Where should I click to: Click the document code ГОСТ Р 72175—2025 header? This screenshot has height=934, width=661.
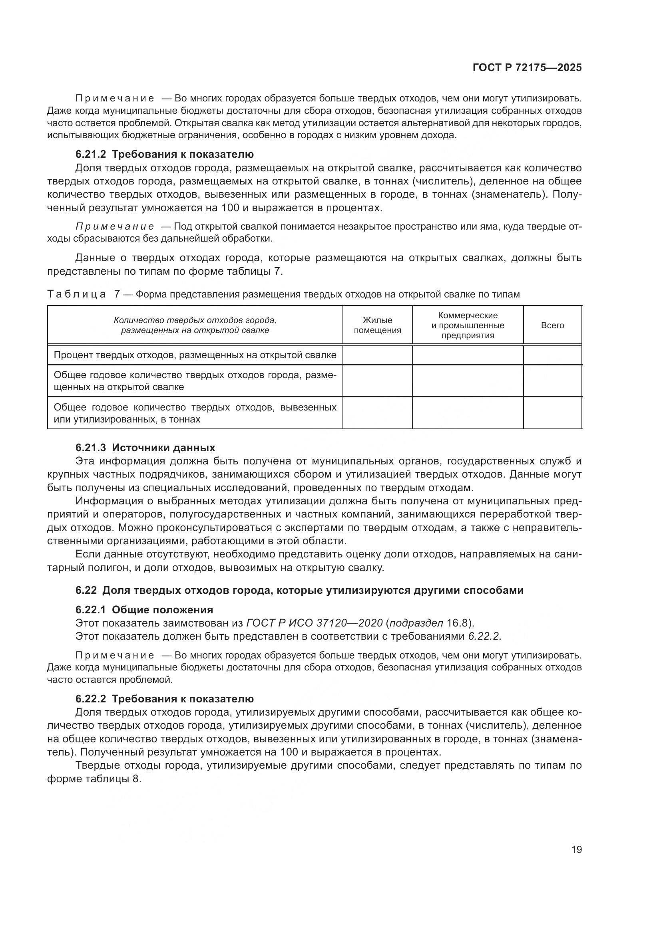pyautogui.click(x=527, y=68)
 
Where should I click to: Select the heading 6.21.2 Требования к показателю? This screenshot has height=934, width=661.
pyautogui.click(x=164, y=154)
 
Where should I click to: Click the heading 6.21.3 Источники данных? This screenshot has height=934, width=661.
pyautogui.click(x=145, y=448)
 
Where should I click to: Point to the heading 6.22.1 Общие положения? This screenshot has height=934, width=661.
pyautogui.click(x=144, y=609)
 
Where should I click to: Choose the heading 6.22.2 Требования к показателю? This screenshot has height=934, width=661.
pyautogui.click(x=164, y=698)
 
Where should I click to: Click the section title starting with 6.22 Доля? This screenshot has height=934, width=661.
pyautogui.click(x=299, y=590)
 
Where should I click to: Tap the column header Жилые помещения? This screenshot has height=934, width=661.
pyautogui.click(x=377, y=325)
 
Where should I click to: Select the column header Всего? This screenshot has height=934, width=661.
pyautogui.click(x=552, y=325)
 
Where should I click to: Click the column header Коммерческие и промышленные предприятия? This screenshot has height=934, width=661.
pyautogui.click(x=468, y=325)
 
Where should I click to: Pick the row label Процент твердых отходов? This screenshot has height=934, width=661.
pyautogui.click(x=195, y=355)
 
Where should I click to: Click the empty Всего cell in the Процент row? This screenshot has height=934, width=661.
pyautogui.click(x=552, y=355)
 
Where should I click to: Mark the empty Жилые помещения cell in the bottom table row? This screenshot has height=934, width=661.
pyautogui.click(x=377, y=413)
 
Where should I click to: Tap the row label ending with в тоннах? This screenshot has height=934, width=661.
pyautogui.click(x=195, y=413)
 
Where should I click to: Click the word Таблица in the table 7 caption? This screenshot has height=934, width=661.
pyautogui.click(x=77, y=294)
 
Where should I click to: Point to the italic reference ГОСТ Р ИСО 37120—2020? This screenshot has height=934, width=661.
pyautogui.click(x=314, y=623)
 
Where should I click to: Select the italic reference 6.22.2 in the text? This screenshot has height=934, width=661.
pyautogui.click(x=484, y=636)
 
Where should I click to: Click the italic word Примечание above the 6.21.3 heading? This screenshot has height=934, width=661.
pyautogui.click(x=115, y=226)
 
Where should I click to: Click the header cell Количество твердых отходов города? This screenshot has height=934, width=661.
pyautogui.click(x=195, y=325)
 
